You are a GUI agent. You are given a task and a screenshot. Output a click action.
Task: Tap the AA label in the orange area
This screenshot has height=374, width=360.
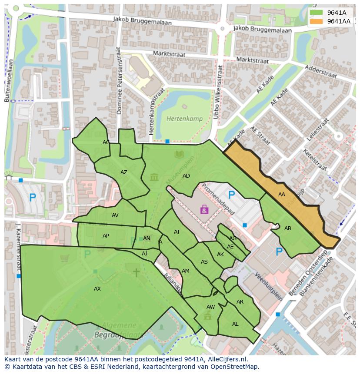pos(282,195)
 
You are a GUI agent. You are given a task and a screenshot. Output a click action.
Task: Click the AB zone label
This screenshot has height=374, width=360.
pos(288,228)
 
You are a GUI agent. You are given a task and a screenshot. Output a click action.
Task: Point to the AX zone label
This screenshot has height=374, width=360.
pos(97,289)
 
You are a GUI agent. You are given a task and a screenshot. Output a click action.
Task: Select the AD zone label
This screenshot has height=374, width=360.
pos(186,176)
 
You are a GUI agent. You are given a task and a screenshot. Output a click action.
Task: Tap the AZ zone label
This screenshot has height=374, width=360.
pos(124,172)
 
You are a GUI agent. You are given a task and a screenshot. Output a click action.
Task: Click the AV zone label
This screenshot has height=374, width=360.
pos(115,215)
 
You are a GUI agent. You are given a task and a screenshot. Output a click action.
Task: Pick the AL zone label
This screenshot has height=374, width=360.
pos(235,324)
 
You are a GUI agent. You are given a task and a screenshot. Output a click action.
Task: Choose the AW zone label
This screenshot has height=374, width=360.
pos(210,307)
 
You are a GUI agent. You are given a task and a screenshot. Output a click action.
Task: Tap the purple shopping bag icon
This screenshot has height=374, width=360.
pos(204,210)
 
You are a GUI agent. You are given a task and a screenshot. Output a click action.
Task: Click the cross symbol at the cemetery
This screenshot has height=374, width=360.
pos(136,272)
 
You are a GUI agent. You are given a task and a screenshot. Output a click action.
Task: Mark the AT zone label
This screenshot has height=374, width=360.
pos(177,232)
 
